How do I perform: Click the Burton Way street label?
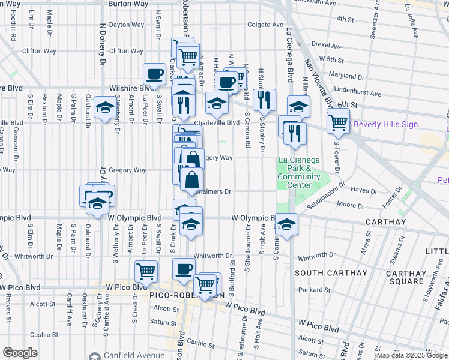click(x=128, y=4)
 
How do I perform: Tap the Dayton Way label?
click(x=126, y=25)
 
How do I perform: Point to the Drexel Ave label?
click(x=326, y=46)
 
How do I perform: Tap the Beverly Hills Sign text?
click(x=385, y=125)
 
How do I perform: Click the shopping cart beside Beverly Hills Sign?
click(x=338, y=122)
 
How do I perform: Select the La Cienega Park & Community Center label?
click(x=298, y=172)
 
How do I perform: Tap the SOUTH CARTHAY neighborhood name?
click(x=331, y=273)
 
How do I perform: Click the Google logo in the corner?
click(x=20, y=353)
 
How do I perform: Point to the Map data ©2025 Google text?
click(x=412, y=355)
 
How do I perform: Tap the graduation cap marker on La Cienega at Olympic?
click(x=287, y=225)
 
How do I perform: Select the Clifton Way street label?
click(x=125, y=51)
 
